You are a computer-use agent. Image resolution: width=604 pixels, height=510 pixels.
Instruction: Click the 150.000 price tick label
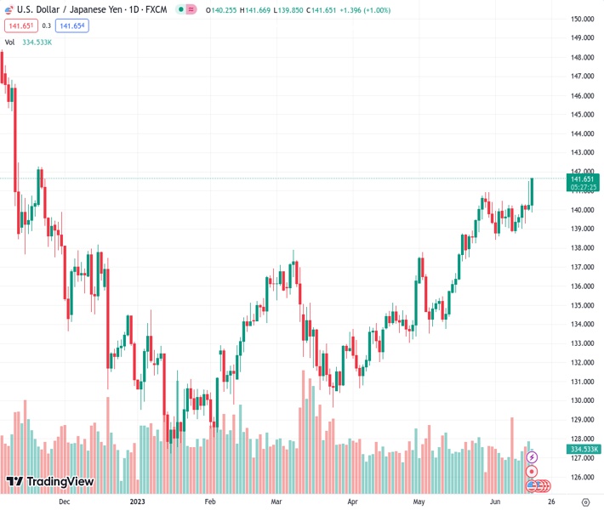[582, 19]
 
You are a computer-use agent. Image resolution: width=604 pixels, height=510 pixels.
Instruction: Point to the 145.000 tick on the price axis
[582, 115]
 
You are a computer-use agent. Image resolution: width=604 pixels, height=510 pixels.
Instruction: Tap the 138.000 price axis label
[582, 248]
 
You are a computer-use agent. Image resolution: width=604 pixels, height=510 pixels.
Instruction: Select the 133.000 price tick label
[582, 343]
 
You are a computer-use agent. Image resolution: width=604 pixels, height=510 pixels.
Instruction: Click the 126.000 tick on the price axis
[582, 477]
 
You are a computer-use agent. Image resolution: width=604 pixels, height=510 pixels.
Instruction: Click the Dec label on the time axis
[64, 501]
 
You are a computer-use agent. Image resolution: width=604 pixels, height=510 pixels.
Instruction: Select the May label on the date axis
[419, 501]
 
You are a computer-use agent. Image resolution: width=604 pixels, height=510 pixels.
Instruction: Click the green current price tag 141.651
[583, 178]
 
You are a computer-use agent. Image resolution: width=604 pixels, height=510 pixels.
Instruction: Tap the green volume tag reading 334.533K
[584, 449]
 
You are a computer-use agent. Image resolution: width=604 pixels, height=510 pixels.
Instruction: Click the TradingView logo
[49, 482]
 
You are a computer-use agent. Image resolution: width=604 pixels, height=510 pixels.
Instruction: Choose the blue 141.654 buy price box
[72, 25]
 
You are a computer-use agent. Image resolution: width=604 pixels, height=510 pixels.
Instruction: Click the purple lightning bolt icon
[532, 457]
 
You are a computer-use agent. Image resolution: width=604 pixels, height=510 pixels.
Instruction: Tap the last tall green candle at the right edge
[532, 192]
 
